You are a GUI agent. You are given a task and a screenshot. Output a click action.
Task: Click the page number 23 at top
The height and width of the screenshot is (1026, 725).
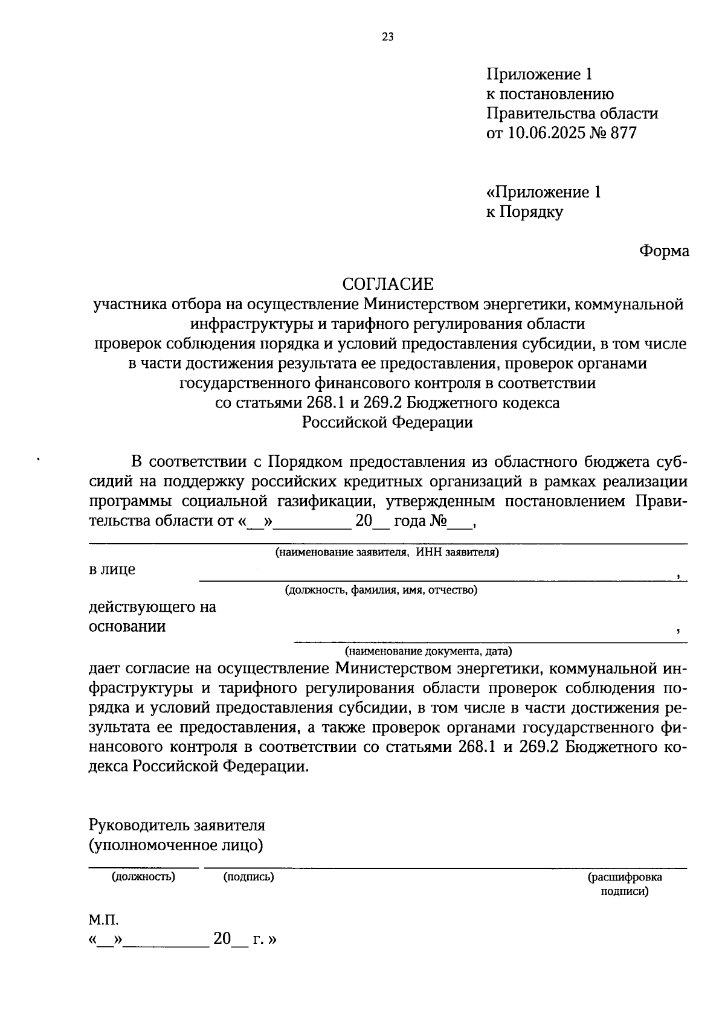click(x=388, y=37)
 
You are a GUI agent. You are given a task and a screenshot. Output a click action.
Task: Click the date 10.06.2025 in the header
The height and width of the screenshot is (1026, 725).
click(x=547, y=133)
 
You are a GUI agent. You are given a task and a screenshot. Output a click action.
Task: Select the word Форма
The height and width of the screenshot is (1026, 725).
click(x=664, y=251)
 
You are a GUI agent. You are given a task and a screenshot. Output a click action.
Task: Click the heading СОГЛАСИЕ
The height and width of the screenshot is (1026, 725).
click(x=388, y=284)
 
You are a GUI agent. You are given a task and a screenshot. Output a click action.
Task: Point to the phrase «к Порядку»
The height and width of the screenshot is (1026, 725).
click(x=524, y=212)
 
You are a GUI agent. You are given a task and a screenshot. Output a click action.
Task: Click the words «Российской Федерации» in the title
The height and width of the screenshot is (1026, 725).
click(x=388, y=422)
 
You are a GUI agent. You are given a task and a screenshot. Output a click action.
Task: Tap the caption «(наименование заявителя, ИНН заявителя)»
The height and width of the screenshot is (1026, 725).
click(x=387, y=553)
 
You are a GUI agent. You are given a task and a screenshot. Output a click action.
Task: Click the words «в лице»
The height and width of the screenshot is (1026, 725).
click(x=112, y=569)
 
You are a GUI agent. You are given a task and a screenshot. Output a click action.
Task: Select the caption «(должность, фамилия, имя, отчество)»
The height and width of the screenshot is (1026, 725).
click(x=381, y=591)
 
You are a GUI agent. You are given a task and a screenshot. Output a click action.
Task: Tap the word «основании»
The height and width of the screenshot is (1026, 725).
click(x=127, y=626)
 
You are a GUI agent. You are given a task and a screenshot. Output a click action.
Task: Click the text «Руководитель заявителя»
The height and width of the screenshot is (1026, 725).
click(x=177, y=825)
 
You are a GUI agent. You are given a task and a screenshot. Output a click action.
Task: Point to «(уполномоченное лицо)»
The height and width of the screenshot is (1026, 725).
click(x=176, y=845)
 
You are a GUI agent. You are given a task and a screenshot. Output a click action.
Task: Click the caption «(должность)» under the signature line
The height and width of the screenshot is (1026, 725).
click(x=143, y=877)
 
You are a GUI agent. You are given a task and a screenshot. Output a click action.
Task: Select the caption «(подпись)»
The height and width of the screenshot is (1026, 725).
click(x=248, y=877)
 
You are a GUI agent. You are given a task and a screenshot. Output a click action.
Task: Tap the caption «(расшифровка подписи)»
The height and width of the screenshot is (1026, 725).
click(x=625, y=884)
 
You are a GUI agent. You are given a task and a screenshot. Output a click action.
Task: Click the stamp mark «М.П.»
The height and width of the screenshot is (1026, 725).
click(x=104, y=920)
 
